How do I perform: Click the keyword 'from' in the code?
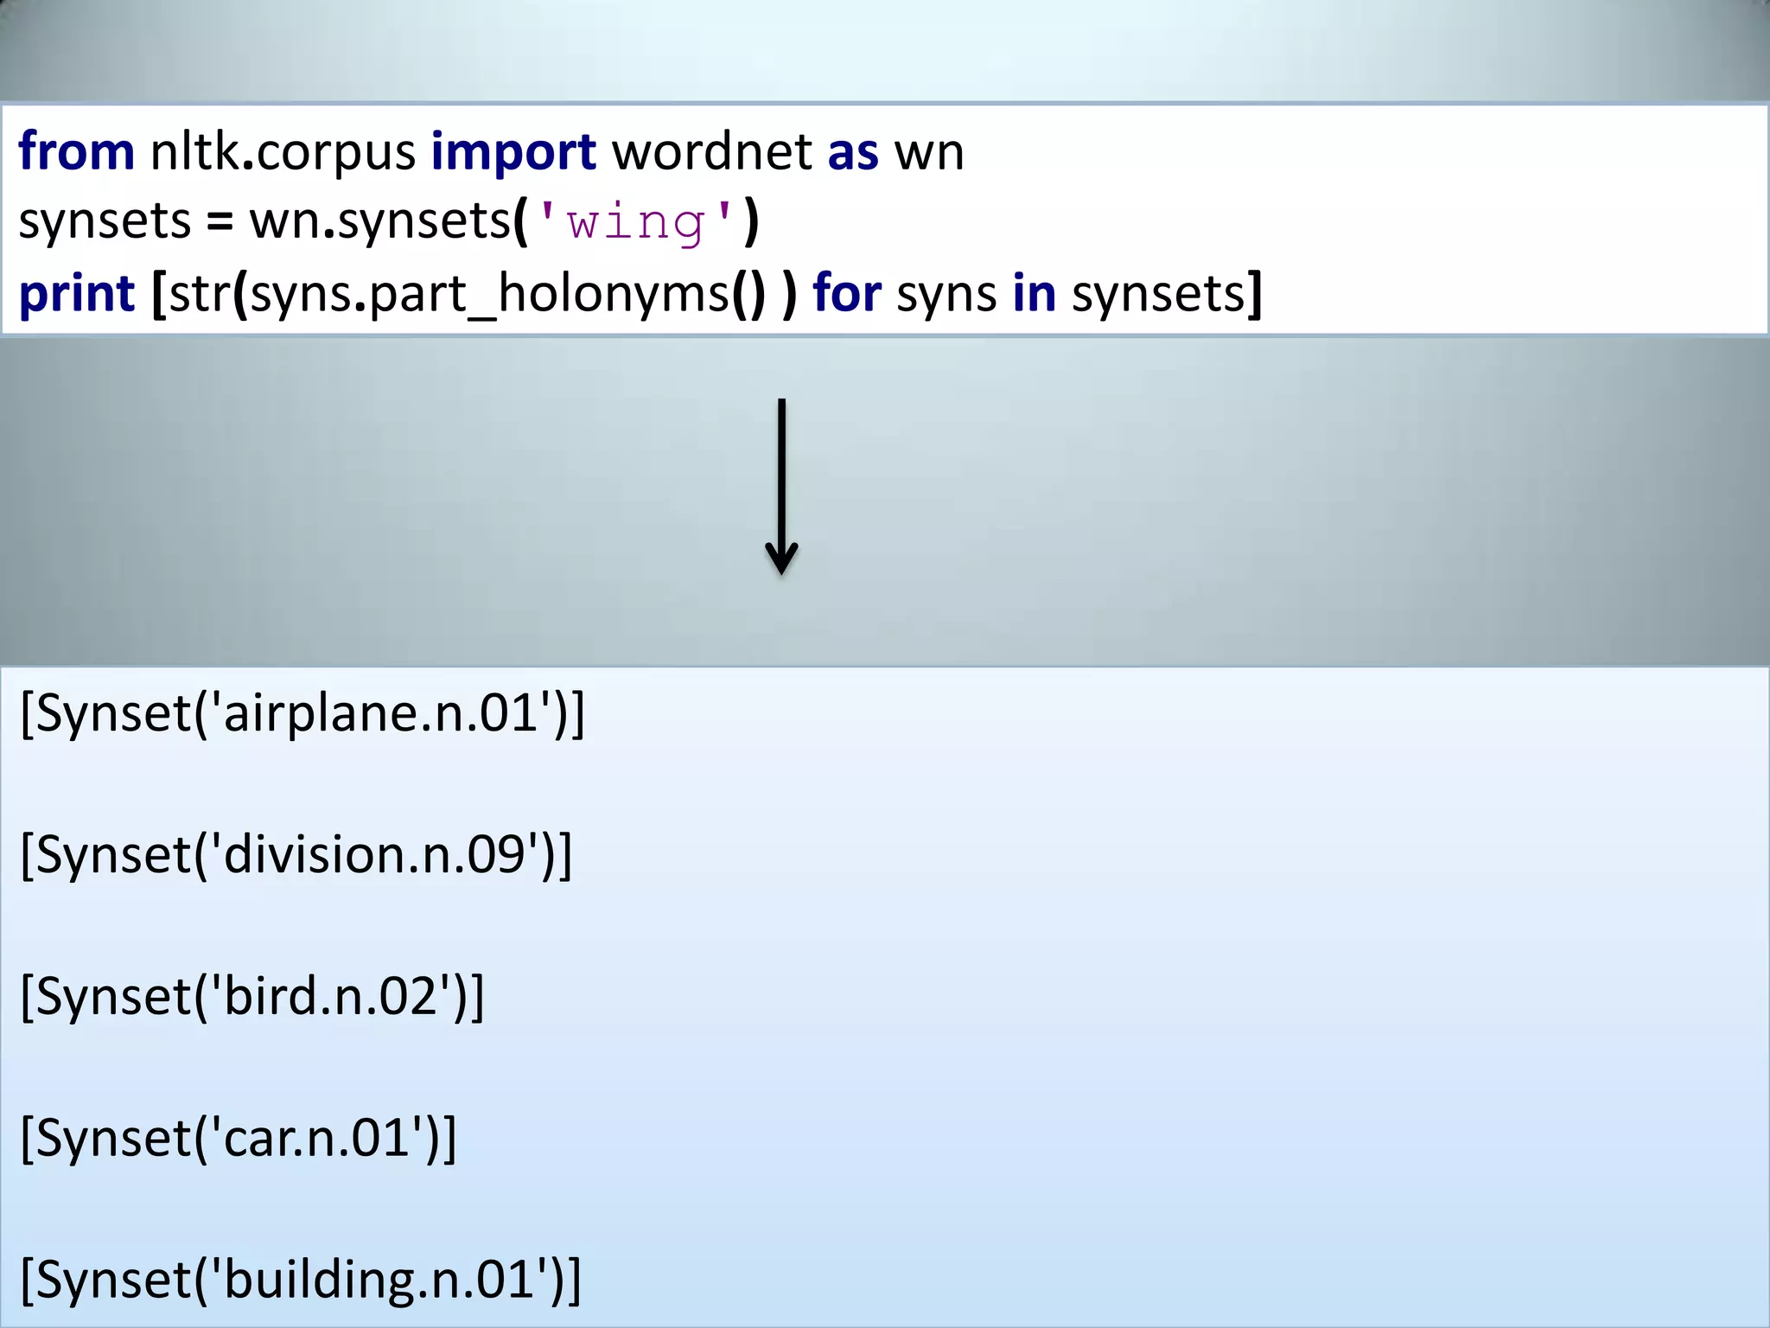tap(76, 152)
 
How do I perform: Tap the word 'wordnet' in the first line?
tap(711, 152)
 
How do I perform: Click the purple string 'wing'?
tap(636, 223)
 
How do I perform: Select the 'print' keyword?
tap(76, 295)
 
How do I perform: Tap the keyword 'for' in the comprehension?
tap(846, 293)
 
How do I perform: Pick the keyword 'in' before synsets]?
tap(1034, 293)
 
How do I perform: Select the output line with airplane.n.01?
tap(302, 714)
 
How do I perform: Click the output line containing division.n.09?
tap(296, 855)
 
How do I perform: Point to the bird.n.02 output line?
tap(251, 997)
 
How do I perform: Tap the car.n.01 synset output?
tap(238, 1138)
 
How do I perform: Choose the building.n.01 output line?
tap(301, 1280)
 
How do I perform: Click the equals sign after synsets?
tap(220, 223)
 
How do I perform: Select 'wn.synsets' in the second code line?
tap(380, 222)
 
